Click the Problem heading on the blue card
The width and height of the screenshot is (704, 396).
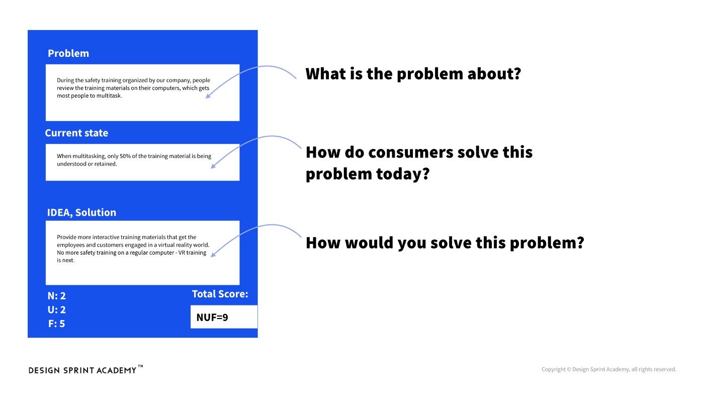pos(68,53)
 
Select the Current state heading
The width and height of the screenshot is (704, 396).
pos(76,133)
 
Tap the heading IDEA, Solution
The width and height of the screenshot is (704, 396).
pos(81,212)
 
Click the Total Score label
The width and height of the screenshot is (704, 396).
pos(220,294)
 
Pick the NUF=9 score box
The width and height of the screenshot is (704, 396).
pos(224,317)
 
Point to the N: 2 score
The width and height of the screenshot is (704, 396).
pos(57,296)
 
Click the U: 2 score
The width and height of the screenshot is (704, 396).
pos(57,310)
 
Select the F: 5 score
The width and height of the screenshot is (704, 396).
pos(57,324)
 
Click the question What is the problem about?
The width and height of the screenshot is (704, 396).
pos(413,74)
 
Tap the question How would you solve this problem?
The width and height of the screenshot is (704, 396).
pos(445,243)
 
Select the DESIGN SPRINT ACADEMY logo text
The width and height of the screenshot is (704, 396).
pos(82,370)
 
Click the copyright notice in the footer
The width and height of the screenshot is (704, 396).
pos(608,369)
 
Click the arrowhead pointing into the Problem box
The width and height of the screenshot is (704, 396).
pos(207,96)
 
